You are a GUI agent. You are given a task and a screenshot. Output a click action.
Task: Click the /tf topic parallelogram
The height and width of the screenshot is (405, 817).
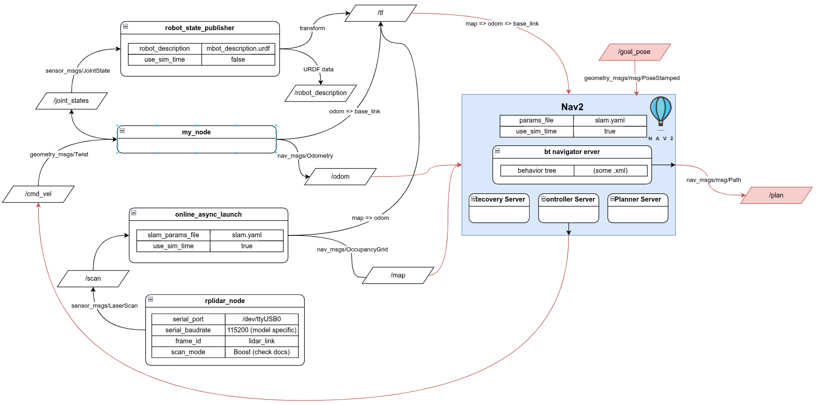[x=381, y=13]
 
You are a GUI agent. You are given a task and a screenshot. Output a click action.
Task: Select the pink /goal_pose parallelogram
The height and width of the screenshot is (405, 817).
[x=634, y=52]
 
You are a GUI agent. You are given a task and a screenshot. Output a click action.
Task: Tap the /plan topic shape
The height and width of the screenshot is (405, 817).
[x=776, y=195]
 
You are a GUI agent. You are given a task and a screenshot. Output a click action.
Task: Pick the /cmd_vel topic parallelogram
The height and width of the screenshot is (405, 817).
[x=38, y=194]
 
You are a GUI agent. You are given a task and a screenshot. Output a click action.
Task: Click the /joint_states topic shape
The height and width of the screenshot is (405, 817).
[x=71, y=101]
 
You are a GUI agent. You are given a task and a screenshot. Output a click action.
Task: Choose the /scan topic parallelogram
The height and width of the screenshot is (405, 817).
[x=93, y=279]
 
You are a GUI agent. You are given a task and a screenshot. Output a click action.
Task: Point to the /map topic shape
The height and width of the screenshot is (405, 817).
[x=398, y=275]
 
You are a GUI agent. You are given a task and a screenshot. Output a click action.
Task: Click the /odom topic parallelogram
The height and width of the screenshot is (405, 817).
[x=340, y=177]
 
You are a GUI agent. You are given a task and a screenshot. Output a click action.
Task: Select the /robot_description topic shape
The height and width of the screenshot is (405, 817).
[x=320, y=93]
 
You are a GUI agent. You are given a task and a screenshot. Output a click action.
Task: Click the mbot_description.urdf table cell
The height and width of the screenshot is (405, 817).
[x=238, y=48]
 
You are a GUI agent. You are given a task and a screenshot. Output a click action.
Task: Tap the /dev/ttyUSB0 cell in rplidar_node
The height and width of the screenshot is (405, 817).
[x=261, y=319]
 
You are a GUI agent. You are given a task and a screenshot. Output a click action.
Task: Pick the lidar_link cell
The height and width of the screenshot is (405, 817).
[x=261, y=341]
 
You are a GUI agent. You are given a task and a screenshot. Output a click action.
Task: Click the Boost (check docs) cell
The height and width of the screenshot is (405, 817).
[x=261, y=352]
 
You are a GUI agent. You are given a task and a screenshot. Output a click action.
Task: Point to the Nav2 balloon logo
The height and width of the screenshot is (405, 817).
[x=661, y=112]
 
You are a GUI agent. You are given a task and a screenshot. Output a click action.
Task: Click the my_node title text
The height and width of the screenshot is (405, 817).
[x=196, y=132]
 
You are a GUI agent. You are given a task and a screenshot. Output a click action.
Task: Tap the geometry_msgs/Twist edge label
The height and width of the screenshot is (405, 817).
[x=59, y=155]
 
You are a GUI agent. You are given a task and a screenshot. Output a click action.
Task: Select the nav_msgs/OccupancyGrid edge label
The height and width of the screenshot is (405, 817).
[x=352, y=250]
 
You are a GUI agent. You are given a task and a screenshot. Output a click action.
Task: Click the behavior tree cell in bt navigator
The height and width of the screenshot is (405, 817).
[x=537, y=171]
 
